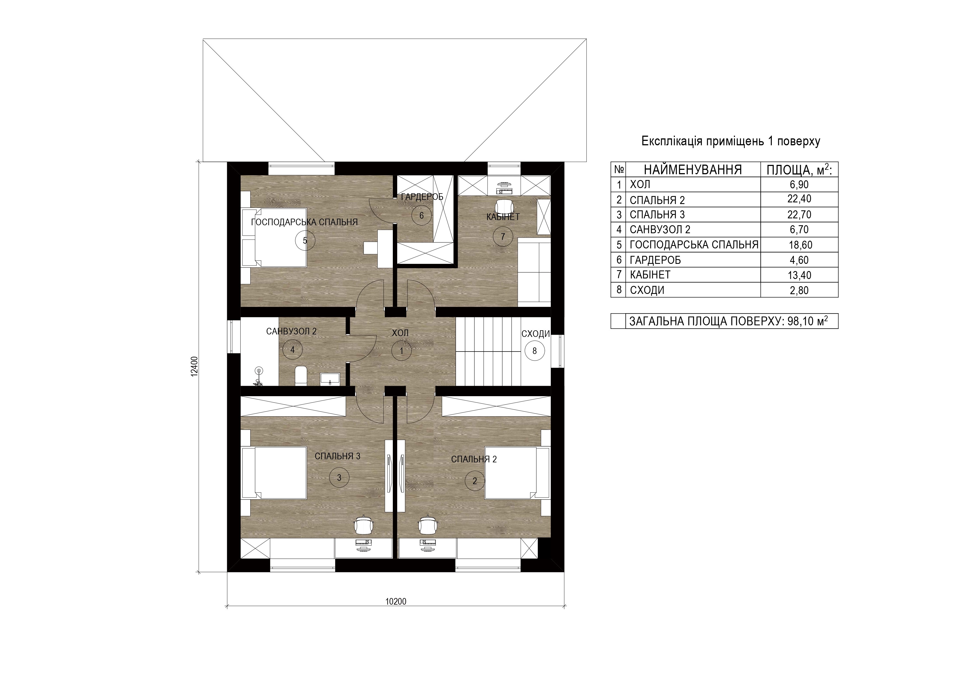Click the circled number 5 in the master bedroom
[x=305, y=240]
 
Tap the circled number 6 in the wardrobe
[x=421, y=215]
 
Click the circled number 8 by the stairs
[x=535, y=350]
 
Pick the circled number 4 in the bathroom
[x=292, y=349]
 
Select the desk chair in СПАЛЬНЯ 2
[x=428, y=524]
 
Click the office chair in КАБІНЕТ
[x=504, y=206]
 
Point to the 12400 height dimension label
[x=194, y=366]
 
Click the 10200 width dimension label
[x=396, y=602]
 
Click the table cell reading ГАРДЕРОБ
[x=655, y=260]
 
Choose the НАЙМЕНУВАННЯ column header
[x=693, y=170]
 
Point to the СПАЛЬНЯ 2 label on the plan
[x=474, y=459]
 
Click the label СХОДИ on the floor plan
[x=536, y=334]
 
